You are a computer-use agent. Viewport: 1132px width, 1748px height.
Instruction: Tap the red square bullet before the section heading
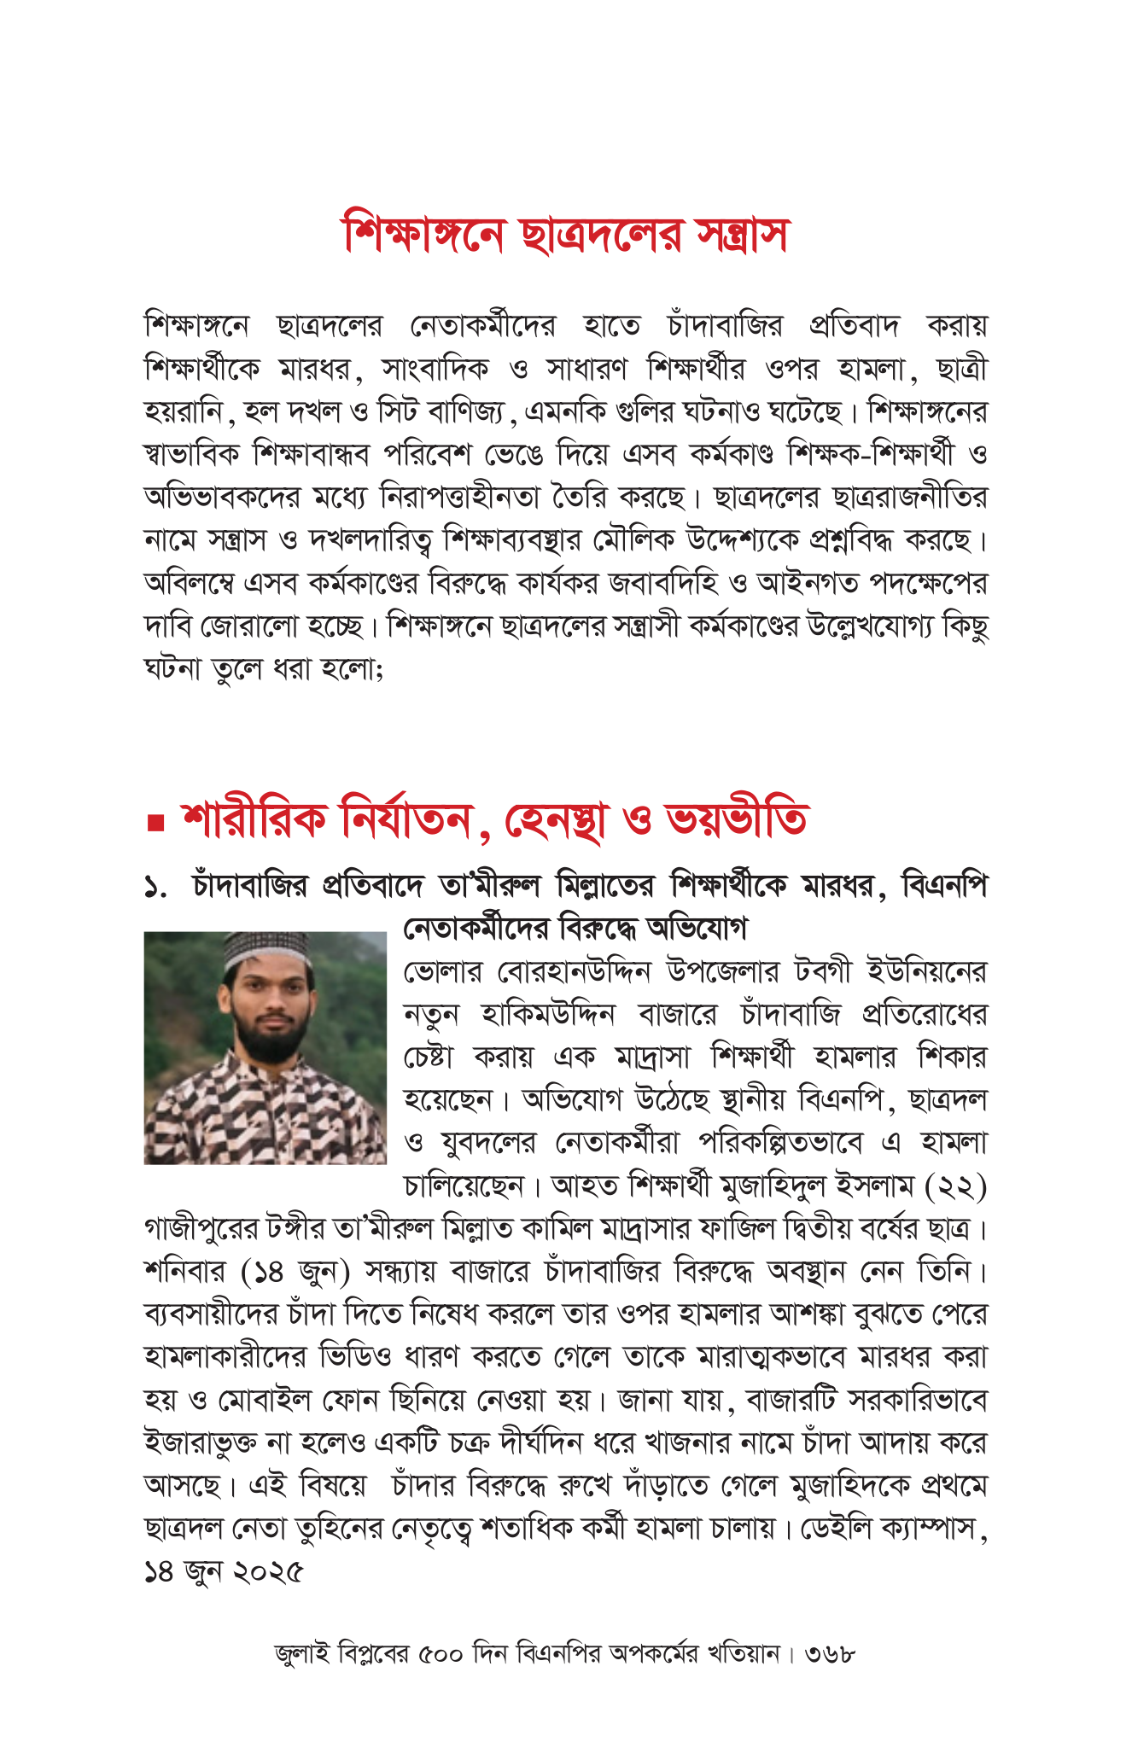pyautogui.click(x=155, y=823)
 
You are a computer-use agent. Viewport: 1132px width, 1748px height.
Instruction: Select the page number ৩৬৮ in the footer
pyautogui.click(x=830, y=1654)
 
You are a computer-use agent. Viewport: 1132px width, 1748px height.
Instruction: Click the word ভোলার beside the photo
pyautogui.click(x=442, y=972)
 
